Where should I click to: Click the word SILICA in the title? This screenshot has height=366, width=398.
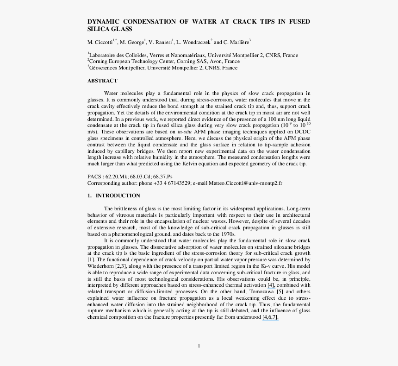pos(98,29)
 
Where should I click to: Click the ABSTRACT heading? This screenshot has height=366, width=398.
pos(102,81)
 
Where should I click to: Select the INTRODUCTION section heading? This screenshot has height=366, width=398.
pos(118,196)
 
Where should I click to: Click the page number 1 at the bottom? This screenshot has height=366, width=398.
pos(199,346)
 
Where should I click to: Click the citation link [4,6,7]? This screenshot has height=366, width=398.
pos(270,317)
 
